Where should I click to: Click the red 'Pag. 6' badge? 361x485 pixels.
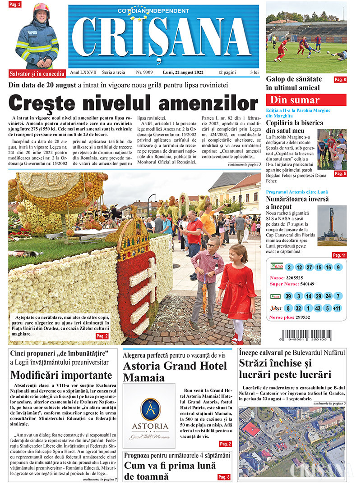pos(340,80)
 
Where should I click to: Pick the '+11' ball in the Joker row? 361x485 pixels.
pos(338,308)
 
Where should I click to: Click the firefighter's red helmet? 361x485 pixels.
pos(42,8)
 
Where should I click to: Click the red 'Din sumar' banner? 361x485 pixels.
pos(306,100)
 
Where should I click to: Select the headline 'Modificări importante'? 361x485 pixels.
pos(61,375)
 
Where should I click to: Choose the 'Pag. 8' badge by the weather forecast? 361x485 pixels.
pos(224,477)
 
